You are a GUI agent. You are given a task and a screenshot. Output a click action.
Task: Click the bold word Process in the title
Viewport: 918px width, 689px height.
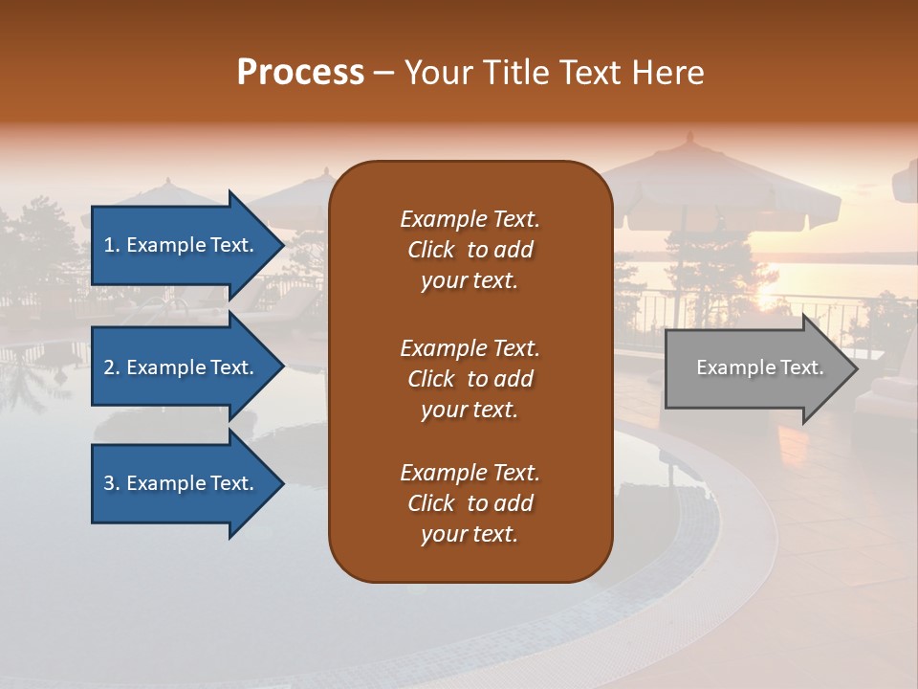[300, 73]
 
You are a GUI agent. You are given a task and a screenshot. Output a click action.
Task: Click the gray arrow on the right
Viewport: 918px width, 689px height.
[755, 368]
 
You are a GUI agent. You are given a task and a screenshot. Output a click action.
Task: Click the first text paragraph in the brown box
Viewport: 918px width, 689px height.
[470, 250]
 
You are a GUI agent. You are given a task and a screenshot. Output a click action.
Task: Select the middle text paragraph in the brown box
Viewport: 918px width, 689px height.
[470, 379]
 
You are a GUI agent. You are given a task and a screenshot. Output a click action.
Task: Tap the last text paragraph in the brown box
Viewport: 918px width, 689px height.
[470, 503]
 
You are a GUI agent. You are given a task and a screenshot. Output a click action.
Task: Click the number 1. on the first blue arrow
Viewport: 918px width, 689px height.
[112, 245]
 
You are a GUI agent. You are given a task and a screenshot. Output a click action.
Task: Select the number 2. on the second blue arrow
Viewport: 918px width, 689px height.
[112, 367]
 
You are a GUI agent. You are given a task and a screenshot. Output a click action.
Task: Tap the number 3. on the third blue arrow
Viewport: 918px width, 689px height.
[112, 483]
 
